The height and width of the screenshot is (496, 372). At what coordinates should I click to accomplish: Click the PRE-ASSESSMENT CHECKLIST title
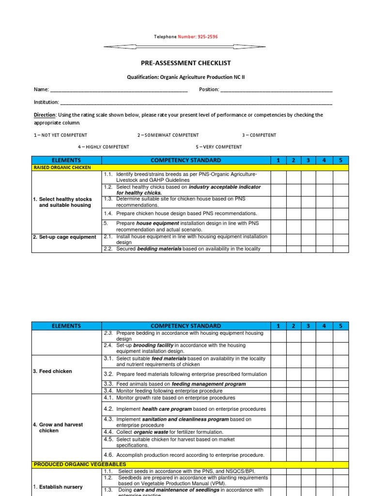(185, 63)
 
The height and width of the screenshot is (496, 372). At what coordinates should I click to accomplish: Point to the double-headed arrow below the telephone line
(185, 46)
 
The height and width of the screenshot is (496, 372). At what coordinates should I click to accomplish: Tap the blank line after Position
(277, 90)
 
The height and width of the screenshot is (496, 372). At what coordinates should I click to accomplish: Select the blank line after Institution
(196, 103)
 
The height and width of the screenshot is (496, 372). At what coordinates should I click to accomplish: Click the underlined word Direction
(45, 115)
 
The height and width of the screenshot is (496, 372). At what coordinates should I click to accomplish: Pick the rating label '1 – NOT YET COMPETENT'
(61, 135)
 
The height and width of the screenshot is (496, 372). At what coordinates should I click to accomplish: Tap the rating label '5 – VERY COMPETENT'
(218, 147)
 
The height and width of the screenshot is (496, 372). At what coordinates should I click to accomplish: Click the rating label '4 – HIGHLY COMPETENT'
(104, 147)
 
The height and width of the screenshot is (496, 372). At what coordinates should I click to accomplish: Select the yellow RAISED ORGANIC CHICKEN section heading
(62, 168)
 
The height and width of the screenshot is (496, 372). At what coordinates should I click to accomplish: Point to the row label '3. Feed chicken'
(52, 372)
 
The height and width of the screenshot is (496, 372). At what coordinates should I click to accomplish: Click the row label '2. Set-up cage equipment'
(64, 237)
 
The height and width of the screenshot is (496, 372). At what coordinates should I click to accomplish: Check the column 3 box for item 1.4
(309, 214)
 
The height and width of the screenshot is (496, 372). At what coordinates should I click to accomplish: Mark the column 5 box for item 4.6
(341, 455)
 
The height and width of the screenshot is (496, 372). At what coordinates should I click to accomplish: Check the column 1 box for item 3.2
(278, 374)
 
